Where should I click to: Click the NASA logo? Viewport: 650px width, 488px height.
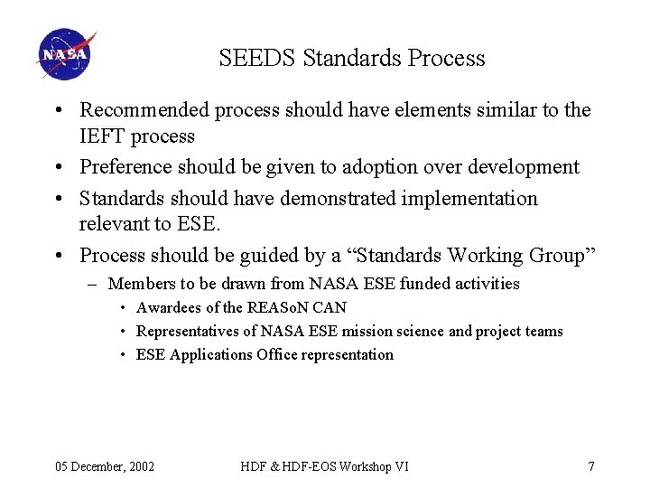(66, 55)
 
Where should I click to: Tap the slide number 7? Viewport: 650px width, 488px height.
(590, 466)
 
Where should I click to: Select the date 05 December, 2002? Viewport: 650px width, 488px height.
(105, 466)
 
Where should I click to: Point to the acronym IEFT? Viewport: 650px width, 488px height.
(102, 136)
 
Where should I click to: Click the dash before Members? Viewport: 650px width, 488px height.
(94, 284)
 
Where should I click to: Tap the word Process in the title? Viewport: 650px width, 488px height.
(446, 59)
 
